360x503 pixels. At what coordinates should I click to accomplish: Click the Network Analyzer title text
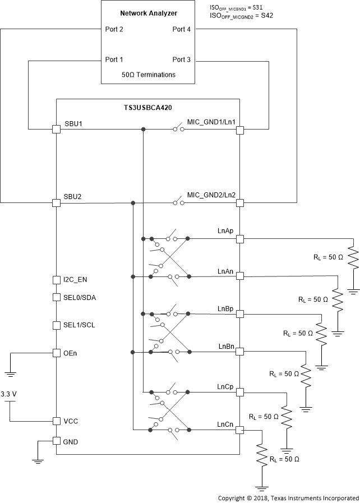click(148, 12)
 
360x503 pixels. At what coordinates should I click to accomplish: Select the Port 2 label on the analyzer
click(114, 29)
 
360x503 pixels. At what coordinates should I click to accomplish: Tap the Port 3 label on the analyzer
click(182, 59)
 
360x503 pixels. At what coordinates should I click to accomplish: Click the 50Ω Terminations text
click(148, 75)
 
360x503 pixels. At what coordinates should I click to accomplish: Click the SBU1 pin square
click(56, 130)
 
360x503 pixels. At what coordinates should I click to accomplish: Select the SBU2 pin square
click(56, 203)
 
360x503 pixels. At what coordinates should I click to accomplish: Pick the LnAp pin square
click(240, 239)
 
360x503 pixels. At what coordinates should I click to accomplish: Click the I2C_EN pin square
click(56, 279)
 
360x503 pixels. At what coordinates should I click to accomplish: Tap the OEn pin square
click(56, 353)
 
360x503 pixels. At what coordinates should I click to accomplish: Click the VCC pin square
click(56, 421)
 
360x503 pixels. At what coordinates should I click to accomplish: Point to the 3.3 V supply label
click(10, 394)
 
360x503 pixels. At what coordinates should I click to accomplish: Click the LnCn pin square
click(240, 430)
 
